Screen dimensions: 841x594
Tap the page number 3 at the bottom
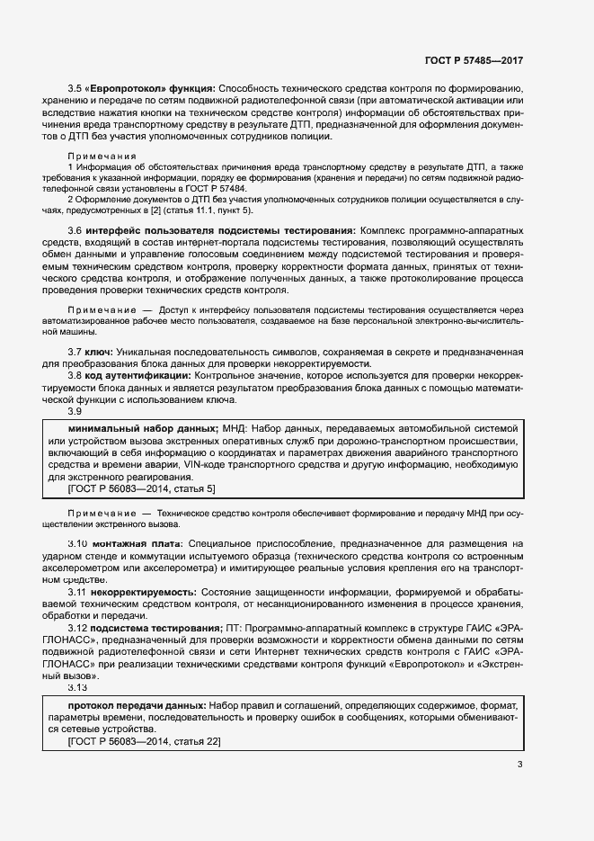pyautogui.click(x=520, y=765)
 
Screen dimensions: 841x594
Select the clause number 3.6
pyautogui.click(x=76, y=231)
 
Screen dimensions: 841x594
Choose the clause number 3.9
pyautogui.click(x=76, y=411)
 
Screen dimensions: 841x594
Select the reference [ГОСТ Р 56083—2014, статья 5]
pyautogui.click(x=141, y=488)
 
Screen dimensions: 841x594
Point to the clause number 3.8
pyautogui.click(x=76, y=375)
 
